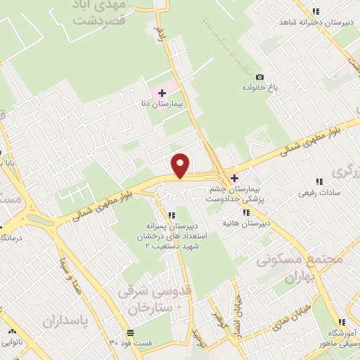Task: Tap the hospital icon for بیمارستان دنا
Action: (x=162, y=92)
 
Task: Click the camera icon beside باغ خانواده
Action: (x=259, y=77)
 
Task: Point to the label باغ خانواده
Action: (x=262, y=89)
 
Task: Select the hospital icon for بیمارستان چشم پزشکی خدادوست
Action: (x=235, y=178)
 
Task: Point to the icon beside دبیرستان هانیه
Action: (x=245, y=212)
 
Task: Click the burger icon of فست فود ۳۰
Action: (x=129, y=332)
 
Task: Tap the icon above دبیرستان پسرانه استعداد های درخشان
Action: (x=171, y=214)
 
